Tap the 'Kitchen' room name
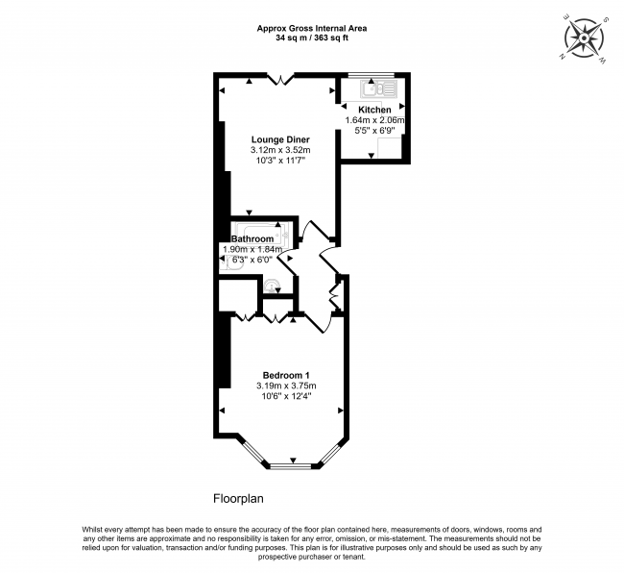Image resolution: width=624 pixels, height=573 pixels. (x=374, y=110)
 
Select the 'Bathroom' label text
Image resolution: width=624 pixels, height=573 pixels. (x=252, y=238)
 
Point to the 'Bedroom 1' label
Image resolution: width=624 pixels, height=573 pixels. (x=285, y=375)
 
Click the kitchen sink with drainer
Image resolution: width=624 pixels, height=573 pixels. (x=373, y=89)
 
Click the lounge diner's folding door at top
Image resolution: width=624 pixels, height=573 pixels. (x=279, y=79)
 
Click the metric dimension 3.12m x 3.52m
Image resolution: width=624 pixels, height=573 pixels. (x=279, y=151)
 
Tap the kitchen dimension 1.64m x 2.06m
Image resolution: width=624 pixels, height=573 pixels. (x=375, y=120)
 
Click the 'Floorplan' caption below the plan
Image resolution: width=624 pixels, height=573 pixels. (x=238, y=499)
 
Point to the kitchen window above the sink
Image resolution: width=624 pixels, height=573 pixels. (x=372, y=75)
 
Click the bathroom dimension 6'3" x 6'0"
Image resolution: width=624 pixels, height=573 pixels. (x=252, y=260)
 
